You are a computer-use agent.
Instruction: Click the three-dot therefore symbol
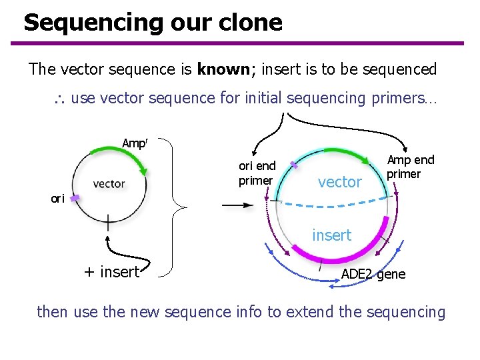58,100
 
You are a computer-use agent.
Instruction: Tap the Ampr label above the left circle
135,143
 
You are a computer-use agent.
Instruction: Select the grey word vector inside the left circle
109,183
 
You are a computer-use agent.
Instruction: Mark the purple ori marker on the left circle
76,198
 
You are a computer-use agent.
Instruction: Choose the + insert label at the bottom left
111,271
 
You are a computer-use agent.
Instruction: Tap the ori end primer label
257,173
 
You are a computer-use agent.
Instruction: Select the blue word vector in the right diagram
339,181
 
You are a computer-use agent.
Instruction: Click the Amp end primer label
410,167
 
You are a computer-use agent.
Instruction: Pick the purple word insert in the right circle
331,235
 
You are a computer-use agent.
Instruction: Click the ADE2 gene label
373,274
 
